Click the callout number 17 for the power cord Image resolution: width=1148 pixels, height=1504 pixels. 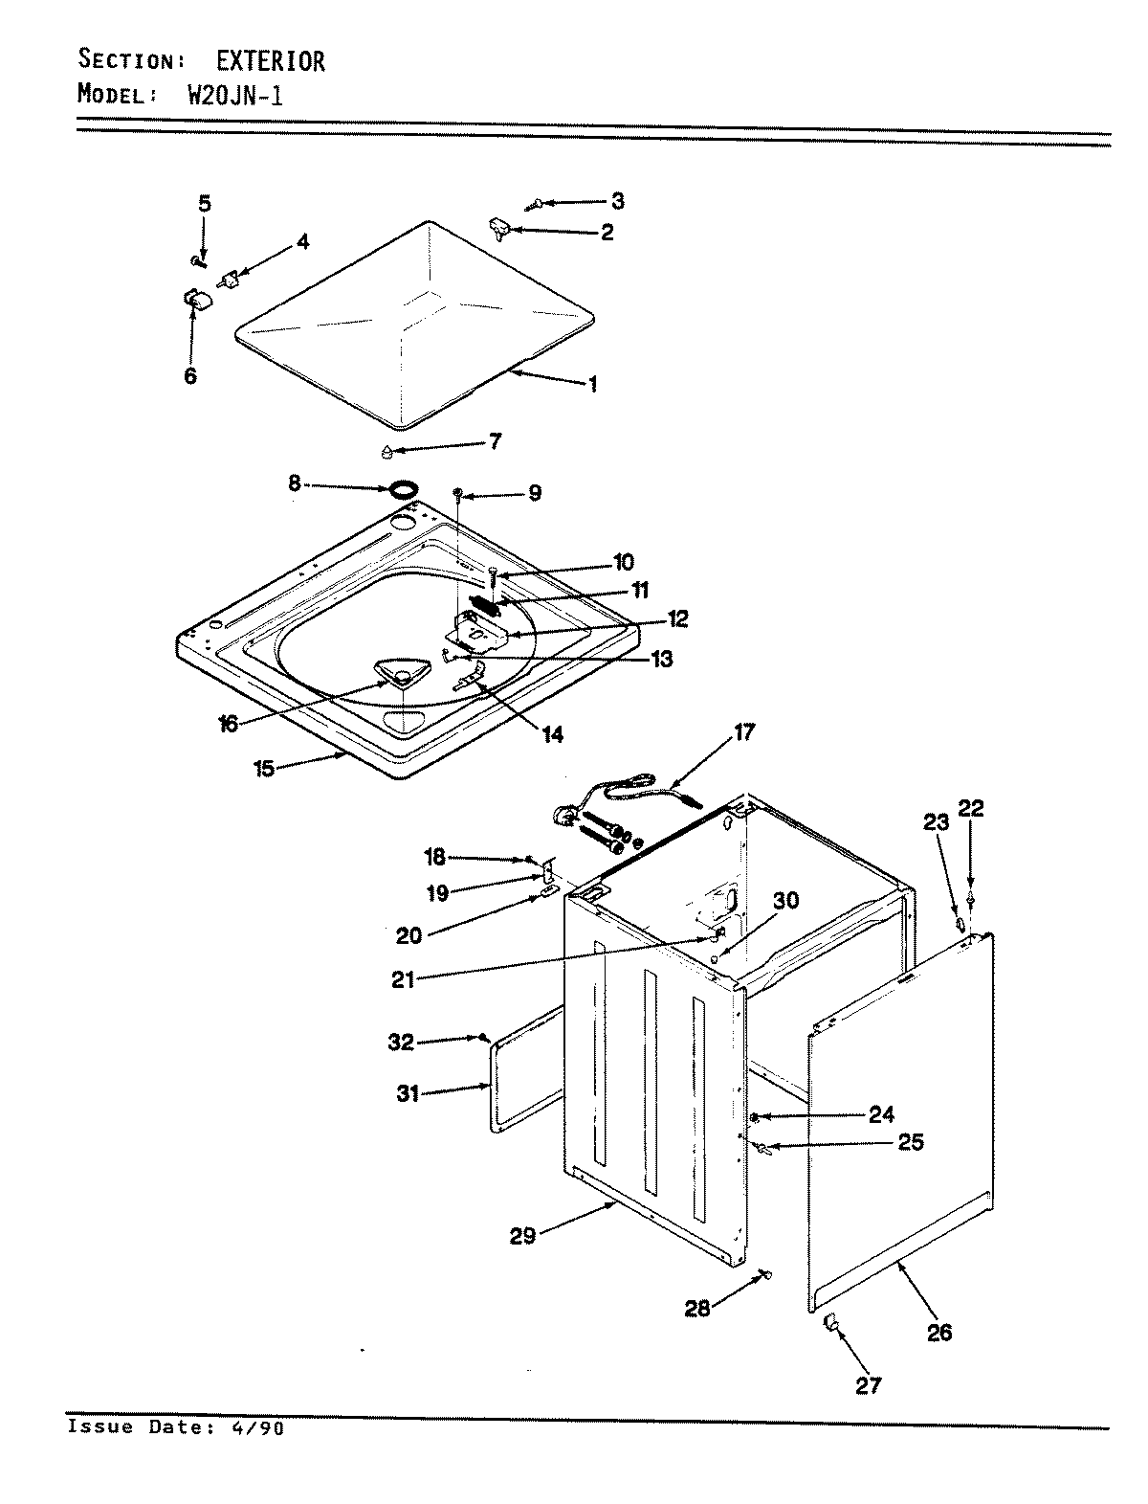pyautogui.click(x=743, y=732)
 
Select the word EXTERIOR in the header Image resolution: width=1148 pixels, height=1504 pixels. pyautogui.click(x=269, y=61)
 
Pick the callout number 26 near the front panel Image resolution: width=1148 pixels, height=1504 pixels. pyautogui.click(x=939, y=1332)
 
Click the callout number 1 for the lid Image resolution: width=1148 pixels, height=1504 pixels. pyautogui.click(x=593, y=385)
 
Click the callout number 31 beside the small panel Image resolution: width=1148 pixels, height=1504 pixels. pyautogui.click(x=408, y=1092)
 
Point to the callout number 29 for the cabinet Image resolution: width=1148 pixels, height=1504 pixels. pyautogui.click(x=522, y=1235)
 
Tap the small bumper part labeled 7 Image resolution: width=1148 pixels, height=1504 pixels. pyautogui.click(x=386, y=450)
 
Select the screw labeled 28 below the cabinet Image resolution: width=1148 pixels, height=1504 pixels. pyautogui.click(x=765, y=1273)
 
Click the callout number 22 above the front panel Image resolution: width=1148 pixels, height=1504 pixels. pyautogui.click(x=971, y=809)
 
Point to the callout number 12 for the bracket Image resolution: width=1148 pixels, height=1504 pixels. pyautogui.click(x=678, y=618)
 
